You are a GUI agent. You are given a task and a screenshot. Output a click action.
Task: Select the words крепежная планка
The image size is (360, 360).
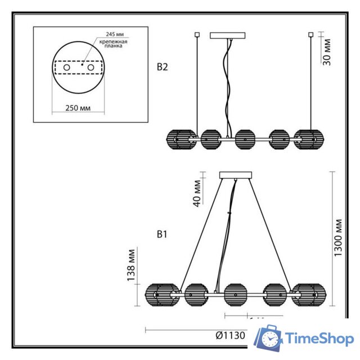point(113,46)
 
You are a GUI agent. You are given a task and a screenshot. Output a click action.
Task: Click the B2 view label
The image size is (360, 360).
point(163,67)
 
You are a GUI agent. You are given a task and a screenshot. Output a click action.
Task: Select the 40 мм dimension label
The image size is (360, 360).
point(197,194)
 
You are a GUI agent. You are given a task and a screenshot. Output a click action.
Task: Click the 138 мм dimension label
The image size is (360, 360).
point(131,265)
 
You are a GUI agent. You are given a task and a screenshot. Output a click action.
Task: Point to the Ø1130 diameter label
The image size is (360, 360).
point(231,335)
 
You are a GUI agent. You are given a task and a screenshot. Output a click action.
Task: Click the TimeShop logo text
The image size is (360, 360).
point(319,339)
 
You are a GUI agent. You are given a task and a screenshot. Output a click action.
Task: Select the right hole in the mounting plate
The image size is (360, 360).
point(89,67)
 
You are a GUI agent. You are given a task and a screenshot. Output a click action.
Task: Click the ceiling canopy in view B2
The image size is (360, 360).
point(227,35)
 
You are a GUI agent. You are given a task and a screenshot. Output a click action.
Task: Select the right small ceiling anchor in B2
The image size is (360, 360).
point(310,35)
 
